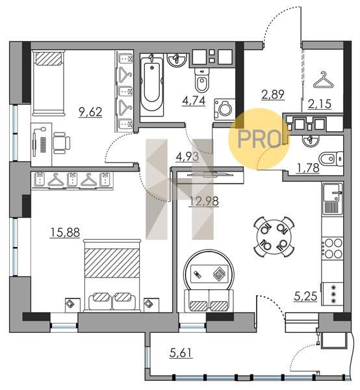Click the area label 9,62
click(x=90, y=112)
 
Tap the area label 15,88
click(x=65, y=233)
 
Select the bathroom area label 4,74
click(x=194, y=101)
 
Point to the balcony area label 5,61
click(x=181, y=353)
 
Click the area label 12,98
click(x=204, y=201)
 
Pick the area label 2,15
click(x=320, y=104)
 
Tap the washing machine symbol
click(x=224, y=109)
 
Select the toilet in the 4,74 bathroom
click(x=201, y=80)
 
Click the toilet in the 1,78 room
click(x=330, y=158)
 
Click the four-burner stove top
click(x=333, y=248)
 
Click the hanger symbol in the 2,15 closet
click(x=323, y=80)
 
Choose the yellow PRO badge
click(x=259, y=139)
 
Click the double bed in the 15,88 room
click(x=112, y=276)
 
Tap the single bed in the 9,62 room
click(x=48, y=83)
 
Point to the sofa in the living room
click(x=209, y=300)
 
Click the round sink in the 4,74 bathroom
click(x=177, y=60)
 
